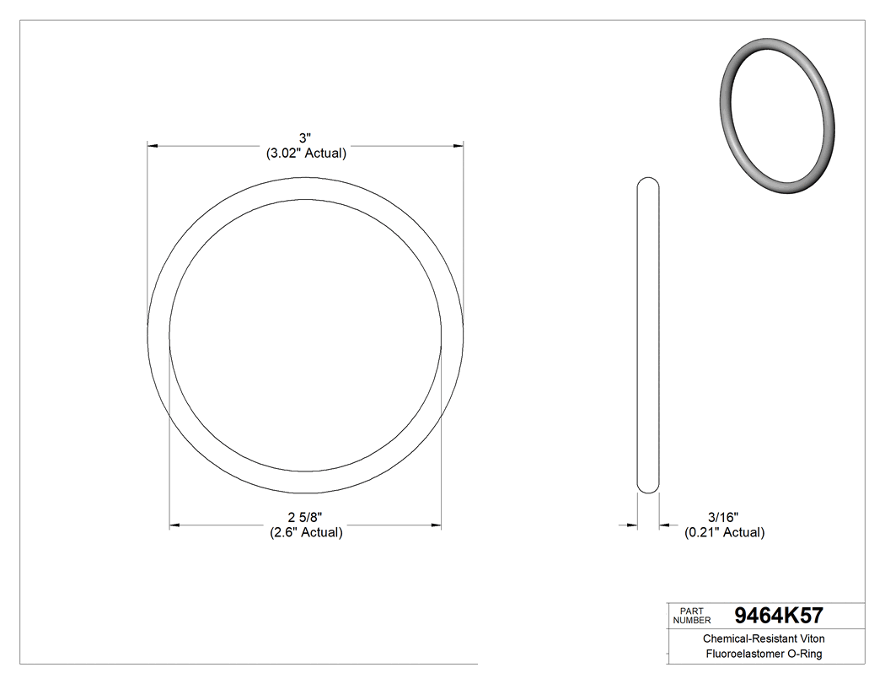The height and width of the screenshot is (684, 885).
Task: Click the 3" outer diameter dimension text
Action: coord(306,137)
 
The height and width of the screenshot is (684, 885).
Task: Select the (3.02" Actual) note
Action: coord(306,153)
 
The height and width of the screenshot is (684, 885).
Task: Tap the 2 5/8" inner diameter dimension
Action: coord(306,517)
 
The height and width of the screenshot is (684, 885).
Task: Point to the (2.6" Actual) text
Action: coord(306,532)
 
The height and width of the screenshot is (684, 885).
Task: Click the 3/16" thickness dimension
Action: coord(723,517)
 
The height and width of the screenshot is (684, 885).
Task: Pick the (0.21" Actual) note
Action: coord(724,532)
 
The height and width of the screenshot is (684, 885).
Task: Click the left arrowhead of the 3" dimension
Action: coord(153,146)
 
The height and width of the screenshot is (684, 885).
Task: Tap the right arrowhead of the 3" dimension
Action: coord(459,146)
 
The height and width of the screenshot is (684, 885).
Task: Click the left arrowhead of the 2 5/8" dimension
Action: coord(174,525)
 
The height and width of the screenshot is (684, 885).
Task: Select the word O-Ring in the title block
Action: coord(804,654)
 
